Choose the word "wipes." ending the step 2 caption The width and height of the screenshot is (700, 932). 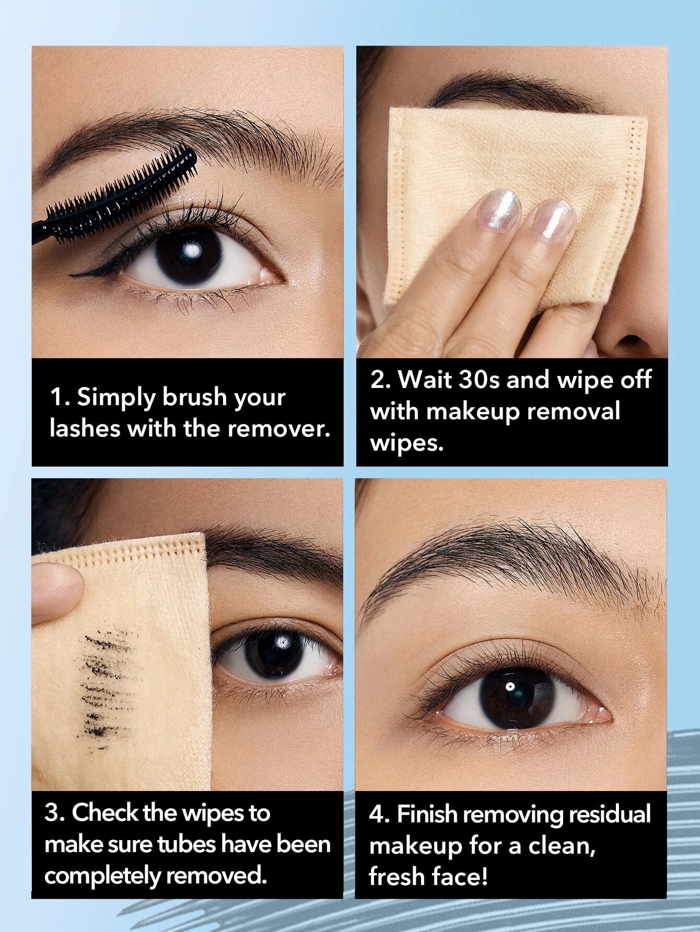(407, 443)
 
